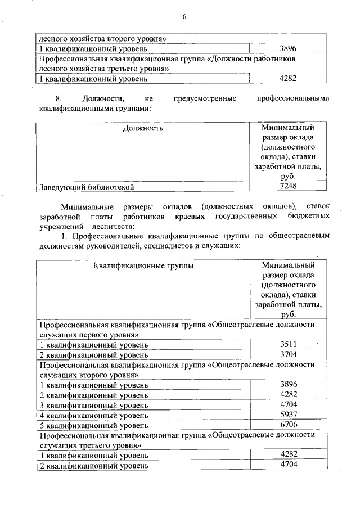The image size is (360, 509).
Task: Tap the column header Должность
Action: (x=143, y=128)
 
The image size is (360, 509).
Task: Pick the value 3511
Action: (x=287, y=344)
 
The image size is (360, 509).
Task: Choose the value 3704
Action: (x=287, y=354)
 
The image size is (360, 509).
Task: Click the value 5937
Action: (x=287, y=415)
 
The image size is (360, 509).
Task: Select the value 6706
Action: (x=287, y=425)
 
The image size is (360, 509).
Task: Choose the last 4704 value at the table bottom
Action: (x=287, y=465)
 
